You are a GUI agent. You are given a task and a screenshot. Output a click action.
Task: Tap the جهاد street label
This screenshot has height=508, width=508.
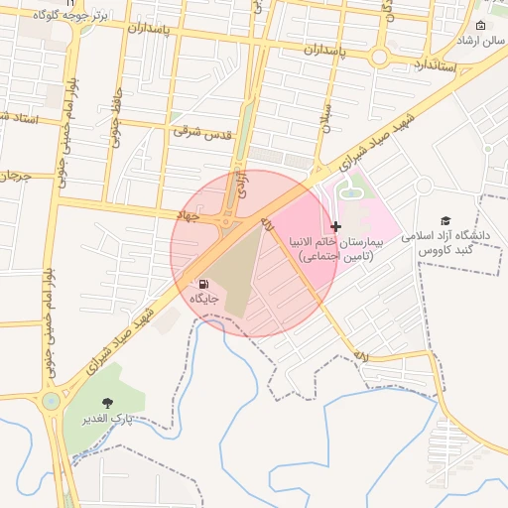point(188,214)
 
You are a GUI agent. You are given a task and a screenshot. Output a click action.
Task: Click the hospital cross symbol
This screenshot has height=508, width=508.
point(336,227)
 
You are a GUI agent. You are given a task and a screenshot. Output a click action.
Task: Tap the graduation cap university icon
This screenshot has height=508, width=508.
point(445,220)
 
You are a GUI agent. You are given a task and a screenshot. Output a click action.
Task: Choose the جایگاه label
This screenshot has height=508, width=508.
point(204,297)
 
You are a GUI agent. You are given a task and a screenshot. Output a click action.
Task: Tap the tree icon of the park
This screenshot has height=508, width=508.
point(107,402)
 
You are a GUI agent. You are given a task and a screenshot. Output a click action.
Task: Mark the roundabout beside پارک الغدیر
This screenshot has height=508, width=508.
point(50,402)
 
